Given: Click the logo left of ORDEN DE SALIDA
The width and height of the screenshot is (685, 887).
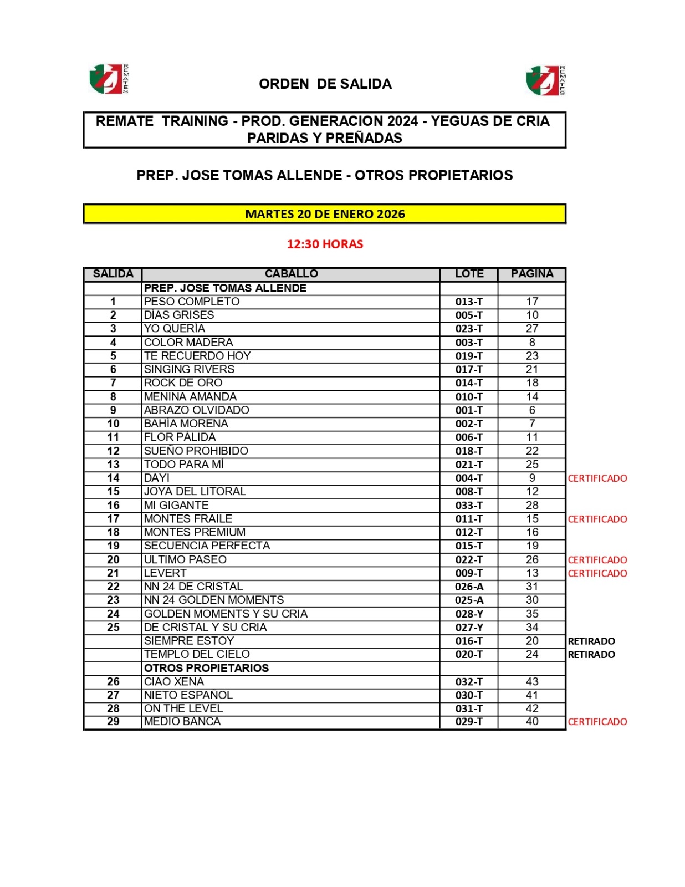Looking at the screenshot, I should coord(109,79).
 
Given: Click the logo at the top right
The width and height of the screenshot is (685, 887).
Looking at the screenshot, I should coord(546,80).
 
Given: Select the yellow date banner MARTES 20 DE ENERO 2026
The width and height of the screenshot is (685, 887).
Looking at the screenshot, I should coord(324,214).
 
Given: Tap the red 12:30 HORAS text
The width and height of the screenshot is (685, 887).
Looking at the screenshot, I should coord(325,244).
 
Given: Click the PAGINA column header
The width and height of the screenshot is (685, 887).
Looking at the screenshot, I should coord(531,274).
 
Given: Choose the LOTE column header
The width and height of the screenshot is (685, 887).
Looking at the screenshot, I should coord(469,274).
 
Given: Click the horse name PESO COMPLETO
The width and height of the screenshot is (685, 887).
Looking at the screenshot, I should coord(192,302).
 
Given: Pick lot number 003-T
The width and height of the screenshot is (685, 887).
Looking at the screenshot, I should coord(469,343).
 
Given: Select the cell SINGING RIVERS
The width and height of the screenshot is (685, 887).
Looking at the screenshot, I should coord(189,369).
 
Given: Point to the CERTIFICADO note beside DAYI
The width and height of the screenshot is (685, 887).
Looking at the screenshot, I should coord(597,478).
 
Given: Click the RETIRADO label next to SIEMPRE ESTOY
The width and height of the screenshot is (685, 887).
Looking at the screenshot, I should coord(591,641).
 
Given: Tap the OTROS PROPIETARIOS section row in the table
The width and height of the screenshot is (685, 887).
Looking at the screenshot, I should coord(206,668).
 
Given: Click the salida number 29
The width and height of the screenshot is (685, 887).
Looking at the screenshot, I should coord(113,722).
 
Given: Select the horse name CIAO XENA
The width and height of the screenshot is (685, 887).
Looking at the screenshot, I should coord(174,681).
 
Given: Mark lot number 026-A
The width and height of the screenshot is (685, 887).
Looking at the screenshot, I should coord(469,587).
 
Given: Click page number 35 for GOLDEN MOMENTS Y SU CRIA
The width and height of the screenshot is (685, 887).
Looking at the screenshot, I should coord(532,614).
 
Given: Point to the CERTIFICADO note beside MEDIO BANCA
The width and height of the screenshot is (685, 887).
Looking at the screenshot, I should coord(597,722).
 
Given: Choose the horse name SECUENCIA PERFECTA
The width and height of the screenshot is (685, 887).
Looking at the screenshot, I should coord(207,546).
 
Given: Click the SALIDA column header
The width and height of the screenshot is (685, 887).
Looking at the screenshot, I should coord(113,274).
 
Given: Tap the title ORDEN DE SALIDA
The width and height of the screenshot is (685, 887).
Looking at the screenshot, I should coord(325,84).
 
